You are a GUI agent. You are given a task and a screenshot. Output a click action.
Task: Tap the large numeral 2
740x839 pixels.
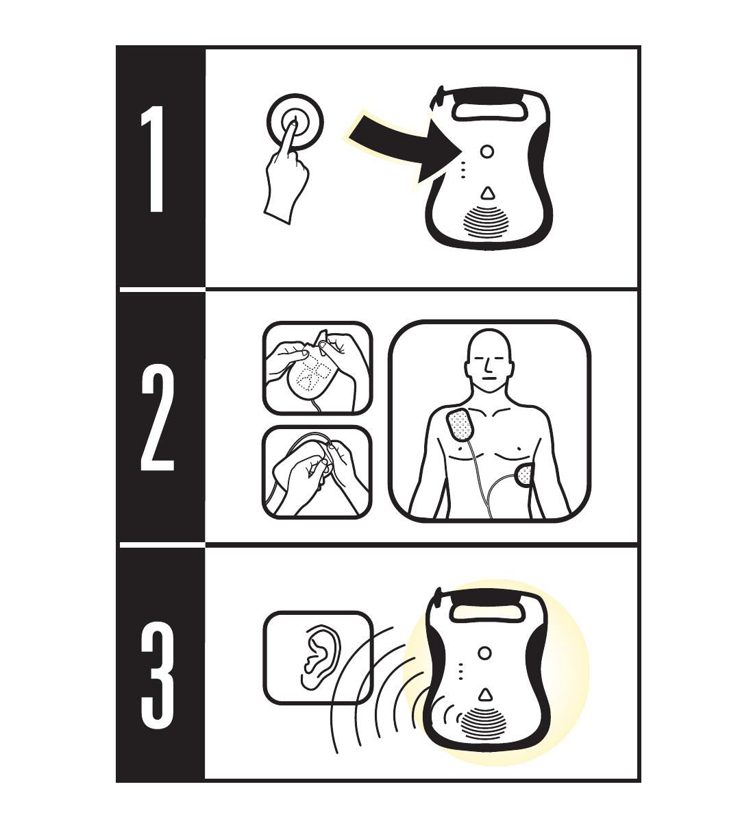tap(157, 418)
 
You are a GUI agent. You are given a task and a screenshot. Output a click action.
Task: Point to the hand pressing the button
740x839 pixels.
tap(287, 174)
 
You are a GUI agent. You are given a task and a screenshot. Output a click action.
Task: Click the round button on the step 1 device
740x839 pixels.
tap(487, 152)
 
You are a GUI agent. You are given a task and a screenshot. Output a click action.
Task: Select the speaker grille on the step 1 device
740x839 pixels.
tap(487, 223)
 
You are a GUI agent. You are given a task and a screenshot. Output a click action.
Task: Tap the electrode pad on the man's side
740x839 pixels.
tap(525, 476)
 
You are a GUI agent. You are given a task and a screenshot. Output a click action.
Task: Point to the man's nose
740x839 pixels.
tap(489, 365)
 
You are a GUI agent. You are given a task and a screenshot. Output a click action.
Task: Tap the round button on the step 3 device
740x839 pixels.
tap(484, 653)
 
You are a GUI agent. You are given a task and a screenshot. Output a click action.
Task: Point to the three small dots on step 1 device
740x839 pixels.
tap(463, 169)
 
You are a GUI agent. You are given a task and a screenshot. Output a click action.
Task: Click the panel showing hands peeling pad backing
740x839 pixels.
tap(317, 472)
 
